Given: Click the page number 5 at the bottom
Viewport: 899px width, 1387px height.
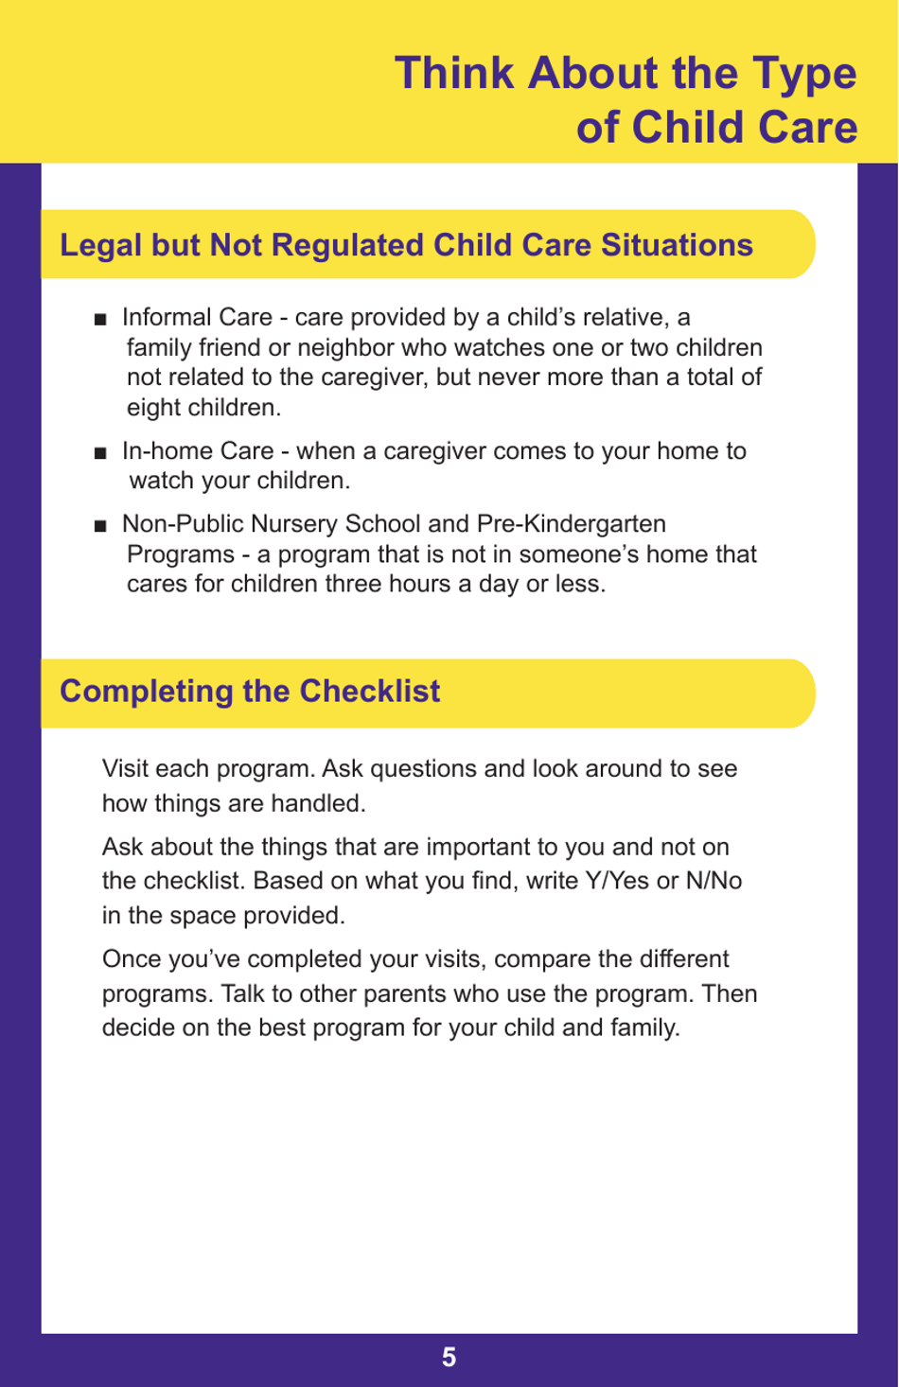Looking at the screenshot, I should [449, 1358].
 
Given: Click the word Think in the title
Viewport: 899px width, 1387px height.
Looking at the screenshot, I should [454, 74].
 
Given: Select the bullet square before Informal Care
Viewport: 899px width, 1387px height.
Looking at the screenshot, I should [100, 320].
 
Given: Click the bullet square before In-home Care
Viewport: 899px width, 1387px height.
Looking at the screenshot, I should [100, 453].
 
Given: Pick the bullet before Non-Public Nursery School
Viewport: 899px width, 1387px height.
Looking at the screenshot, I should [100, 526].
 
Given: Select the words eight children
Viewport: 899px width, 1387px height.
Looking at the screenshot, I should [203, 408].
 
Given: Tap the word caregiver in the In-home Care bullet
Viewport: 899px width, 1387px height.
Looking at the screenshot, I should [433, 450].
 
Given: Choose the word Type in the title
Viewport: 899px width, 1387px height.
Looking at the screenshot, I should [804, 74].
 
